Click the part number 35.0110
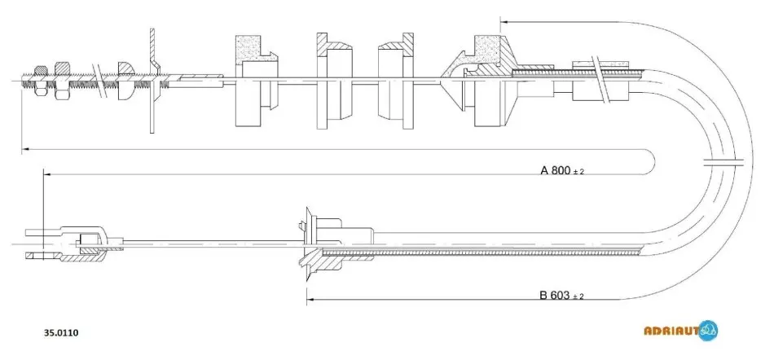pos(61,332)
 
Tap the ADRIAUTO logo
pos(680,331)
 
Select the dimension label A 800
pos(556,170)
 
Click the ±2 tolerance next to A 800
pos(579,172)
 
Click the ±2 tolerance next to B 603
pos(578,296)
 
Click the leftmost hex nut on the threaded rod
pos(40,79)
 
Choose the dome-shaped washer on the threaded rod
pos(125,81)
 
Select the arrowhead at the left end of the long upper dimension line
pos(25,149)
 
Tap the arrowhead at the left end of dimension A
pos(47,174)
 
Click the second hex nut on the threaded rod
pos(62,81)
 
